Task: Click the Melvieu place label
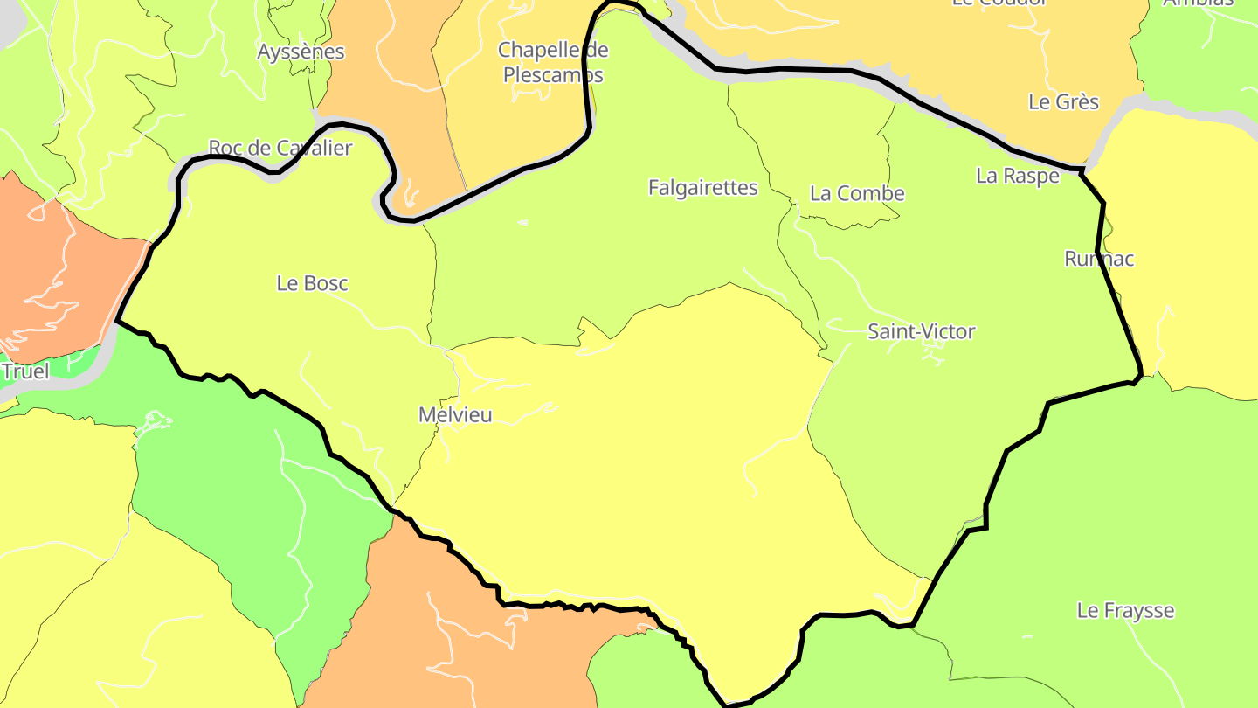455,415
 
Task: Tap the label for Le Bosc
312,283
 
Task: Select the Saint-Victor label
921,331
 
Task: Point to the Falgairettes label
702,187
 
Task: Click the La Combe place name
857,193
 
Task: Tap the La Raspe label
1017,176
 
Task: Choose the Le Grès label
1063,102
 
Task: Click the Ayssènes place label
301,52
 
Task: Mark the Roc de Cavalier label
280,148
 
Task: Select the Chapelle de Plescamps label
553,62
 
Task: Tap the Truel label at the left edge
24,371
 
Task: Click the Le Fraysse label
1125,610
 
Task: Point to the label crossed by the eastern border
1099,259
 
